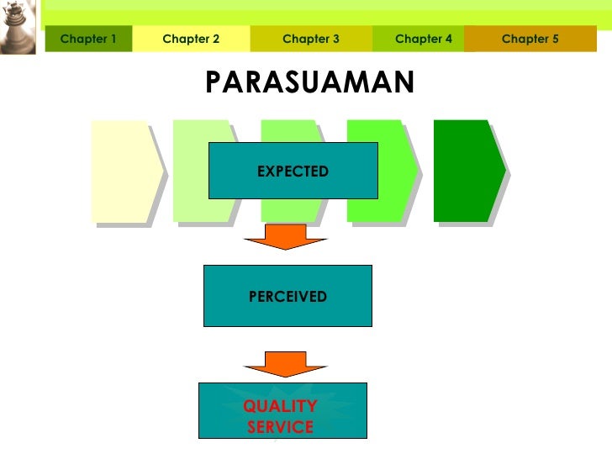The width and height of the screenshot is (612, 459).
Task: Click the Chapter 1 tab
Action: (88, 39)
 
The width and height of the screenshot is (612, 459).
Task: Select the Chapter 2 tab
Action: (191, 39)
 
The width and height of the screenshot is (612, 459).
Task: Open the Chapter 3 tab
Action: (311, 39)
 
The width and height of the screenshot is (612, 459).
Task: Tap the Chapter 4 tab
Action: (424, 39)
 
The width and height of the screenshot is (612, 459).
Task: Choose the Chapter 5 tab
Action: (530, 39)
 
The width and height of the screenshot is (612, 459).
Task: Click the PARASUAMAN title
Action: (309, 82)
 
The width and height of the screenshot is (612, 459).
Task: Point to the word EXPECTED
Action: (293, 171)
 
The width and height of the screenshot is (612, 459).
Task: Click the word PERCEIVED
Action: (288, 297)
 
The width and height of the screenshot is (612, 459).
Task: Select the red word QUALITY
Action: (280, 407)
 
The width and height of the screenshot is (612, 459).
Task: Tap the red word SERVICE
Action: (280, 427)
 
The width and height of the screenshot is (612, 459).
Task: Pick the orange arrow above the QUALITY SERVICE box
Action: (285, 362)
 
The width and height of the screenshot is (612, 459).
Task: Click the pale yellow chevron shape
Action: (123, 171)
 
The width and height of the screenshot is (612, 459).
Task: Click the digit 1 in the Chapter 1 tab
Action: (113, 39)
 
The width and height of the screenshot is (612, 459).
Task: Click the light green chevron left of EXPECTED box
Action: (190, 171)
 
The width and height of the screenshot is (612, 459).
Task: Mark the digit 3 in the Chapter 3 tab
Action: (335, 39)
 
